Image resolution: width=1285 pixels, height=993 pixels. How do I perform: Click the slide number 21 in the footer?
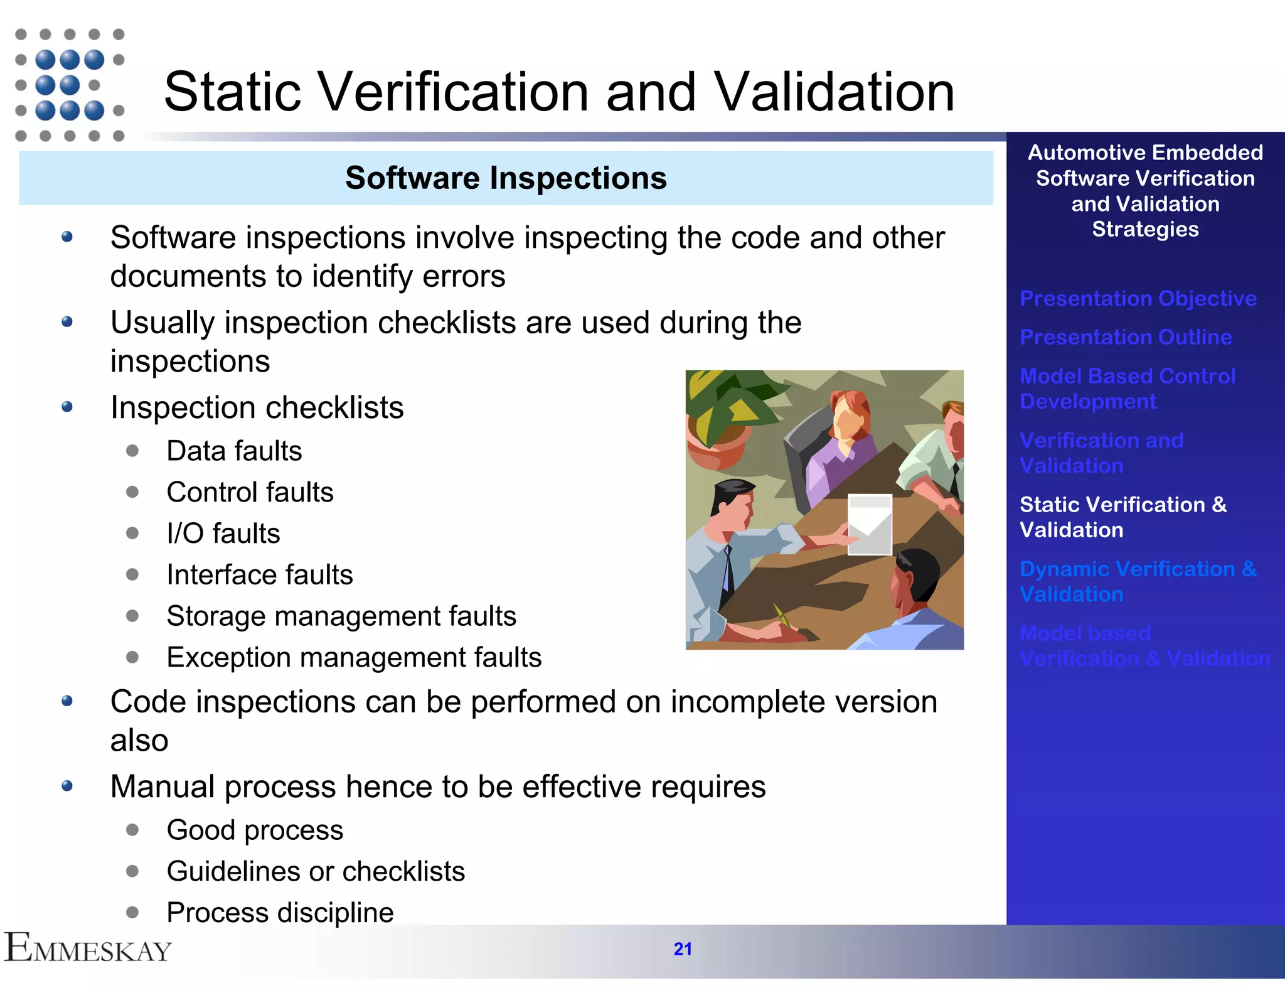(x=683, y=949)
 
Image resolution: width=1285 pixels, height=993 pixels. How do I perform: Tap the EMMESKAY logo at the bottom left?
(x=88, y=948)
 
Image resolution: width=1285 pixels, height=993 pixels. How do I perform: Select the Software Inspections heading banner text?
(x=506, y=178)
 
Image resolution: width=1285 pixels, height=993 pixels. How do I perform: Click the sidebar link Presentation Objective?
(x=1138, y=298)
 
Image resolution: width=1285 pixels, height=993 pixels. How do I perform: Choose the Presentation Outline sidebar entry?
(x=1126, y=337)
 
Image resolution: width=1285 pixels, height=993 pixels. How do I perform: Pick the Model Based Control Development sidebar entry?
(x=1127, y=389)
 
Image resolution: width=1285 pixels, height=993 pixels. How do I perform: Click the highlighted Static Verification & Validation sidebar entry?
(x=1123, y=517)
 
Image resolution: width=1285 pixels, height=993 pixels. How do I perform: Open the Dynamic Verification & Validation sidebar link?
(x=1138, y=581)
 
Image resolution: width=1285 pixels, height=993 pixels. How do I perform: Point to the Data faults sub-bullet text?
(x=234, y=451)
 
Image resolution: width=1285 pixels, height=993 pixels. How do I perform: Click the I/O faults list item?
(x=223, y=534)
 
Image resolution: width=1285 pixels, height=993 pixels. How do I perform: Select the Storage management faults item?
(x=341, y=616)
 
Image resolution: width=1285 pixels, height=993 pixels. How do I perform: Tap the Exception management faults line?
(x=354, y=657)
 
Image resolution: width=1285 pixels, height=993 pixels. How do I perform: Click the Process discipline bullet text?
(x=280, y=912)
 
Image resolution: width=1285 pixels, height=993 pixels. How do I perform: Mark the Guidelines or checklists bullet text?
(x=316, y=871)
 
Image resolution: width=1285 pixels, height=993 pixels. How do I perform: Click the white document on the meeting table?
(x=870, y=523)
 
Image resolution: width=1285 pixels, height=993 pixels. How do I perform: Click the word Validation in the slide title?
(x=834, y=92)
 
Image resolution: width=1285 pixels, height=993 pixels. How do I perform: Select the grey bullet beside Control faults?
(x=132, y=492)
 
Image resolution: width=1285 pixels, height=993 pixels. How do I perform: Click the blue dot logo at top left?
(x=69, y=85)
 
